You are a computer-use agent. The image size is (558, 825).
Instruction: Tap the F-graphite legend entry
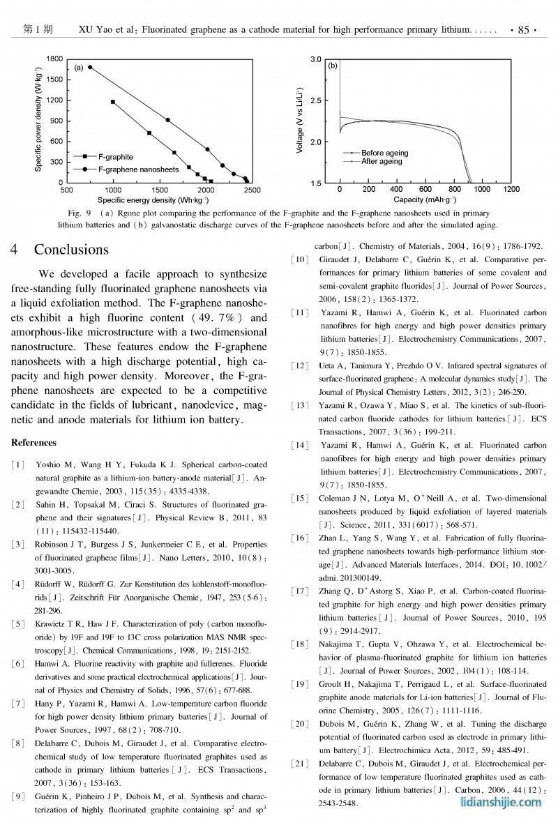(115, 157)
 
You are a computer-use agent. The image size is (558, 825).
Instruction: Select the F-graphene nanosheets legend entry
(138, 169)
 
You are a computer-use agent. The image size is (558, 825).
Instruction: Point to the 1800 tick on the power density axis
(54, 59)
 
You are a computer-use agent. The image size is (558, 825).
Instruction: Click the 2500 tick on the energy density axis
(252, 190)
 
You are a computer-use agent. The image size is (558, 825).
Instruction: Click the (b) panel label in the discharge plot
(333, 66)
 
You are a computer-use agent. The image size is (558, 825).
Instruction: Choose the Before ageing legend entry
(384, 153)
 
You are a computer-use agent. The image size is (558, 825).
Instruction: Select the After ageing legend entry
(382, 161)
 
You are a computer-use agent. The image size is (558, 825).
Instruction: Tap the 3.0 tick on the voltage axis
(316, 60)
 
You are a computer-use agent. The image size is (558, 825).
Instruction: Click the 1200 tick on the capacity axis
(511, 190)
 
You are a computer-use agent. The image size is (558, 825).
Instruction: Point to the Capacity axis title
(425, 199)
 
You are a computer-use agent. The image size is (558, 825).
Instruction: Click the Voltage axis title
(299, 121)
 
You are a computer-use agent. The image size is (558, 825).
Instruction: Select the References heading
(33, 442)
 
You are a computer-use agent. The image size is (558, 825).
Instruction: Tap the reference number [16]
(299, 538)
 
